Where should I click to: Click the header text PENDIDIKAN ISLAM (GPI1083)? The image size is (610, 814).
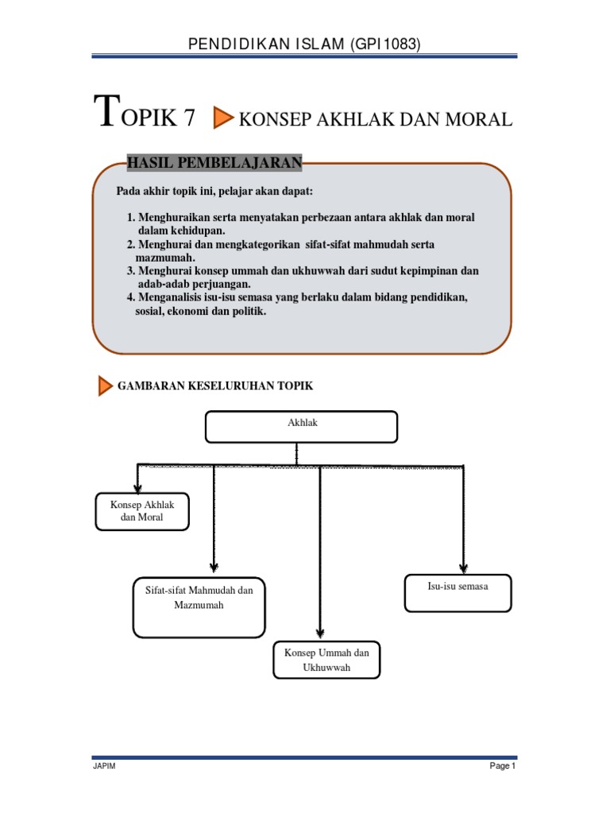304,45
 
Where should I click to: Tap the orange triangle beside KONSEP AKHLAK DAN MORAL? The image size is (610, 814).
223,119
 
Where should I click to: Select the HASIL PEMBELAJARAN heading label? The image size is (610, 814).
214,163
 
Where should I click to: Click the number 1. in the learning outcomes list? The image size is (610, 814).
131,217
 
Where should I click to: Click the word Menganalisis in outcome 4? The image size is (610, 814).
176,297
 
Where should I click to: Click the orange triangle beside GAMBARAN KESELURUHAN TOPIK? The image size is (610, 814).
105,386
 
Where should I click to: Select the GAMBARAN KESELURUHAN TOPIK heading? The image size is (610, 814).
215,386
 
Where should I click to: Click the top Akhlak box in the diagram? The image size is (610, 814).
302,426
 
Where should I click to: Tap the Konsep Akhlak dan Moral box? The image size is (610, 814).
142,511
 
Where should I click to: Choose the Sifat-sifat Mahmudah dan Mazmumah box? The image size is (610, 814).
199,607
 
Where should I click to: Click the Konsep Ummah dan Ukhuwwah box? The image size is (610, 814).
326,660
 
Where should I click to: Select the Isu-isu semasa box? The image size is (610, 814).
457,593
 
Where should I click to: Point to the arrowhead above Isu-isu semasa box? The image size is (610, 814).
463,562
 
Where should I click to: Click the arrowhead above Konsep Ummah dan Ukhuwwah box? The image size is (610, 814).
319,633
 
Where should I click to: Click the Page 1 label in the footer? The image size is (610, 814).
503,766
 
